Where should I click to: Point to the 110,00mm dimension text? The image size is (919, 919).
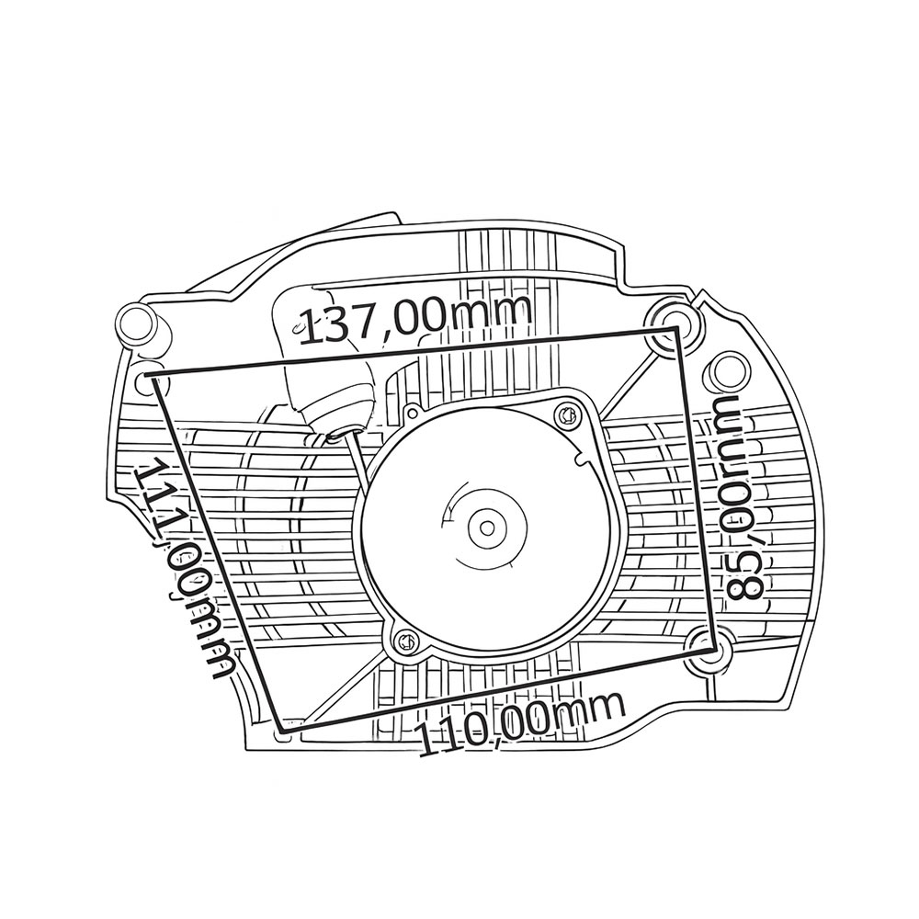(518, 724)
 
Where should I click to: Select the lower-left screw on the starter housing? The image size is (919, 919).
(405, 642)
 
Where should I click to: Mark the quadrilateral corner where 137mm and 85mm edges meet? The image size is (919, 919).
(677, 329)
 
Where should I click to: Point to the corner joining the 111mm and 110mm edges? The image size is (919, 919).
(280, 731)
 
